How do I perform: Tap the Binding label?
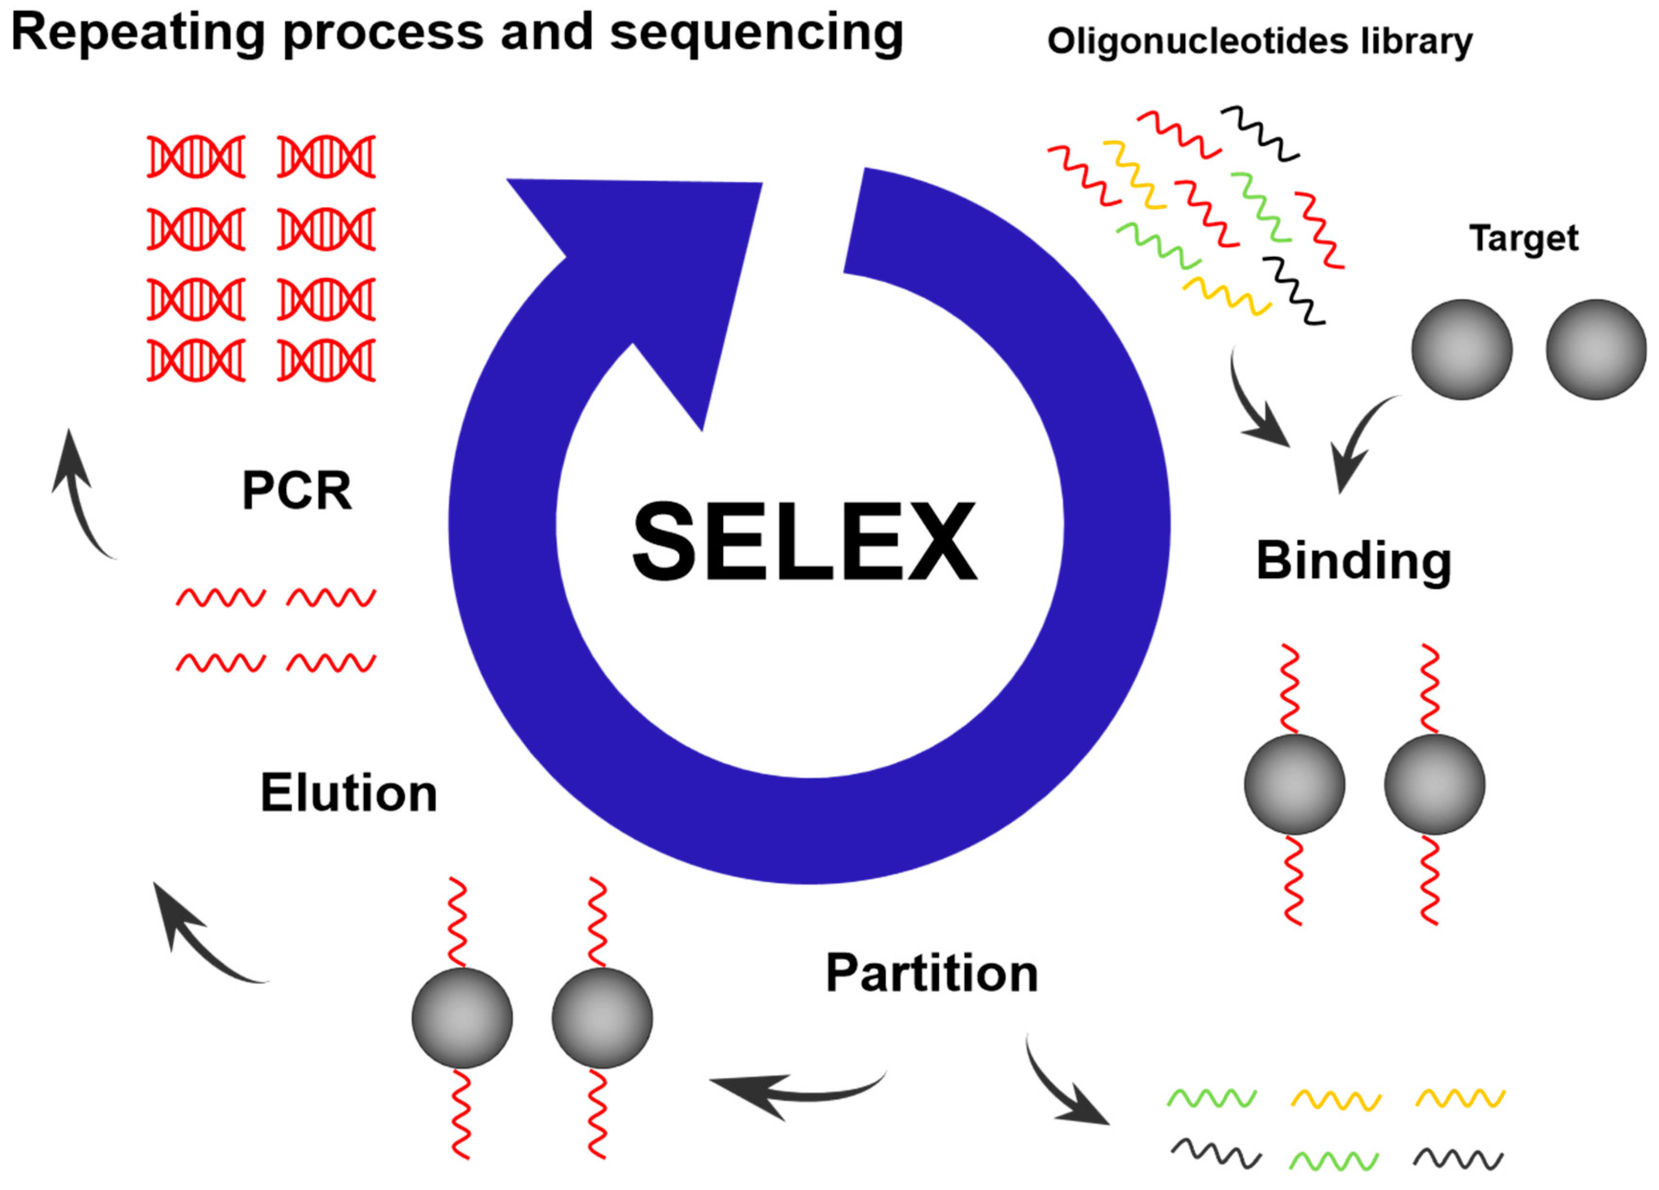click(x=1353, y=562)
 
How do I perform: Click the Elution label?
click(x=348, y=794)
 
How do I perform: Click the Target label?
click(x=1524, y=239)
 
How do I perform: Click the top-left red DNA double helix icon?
click(x=196, y=157)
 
